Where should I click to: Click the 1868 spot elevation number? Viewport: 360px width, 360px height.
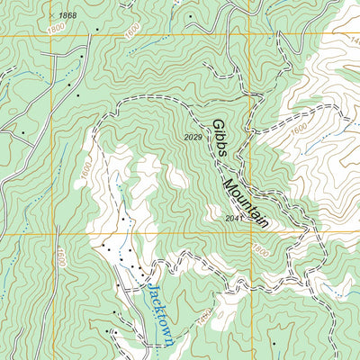coord(67,16)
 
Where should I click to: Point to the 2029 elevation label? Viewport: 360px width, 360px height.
coord(192,138)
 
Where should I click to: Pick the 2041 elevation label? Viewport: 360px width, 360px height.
coord(235,218)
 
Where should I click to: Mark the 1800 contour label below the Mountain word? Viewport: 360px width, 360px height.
coord(261,249)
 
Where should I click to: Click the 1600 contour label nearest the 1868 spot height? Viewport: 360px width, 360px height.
coord(132,31)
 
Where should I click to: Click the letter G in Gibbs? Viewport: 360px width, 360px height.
coord(216,125)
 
